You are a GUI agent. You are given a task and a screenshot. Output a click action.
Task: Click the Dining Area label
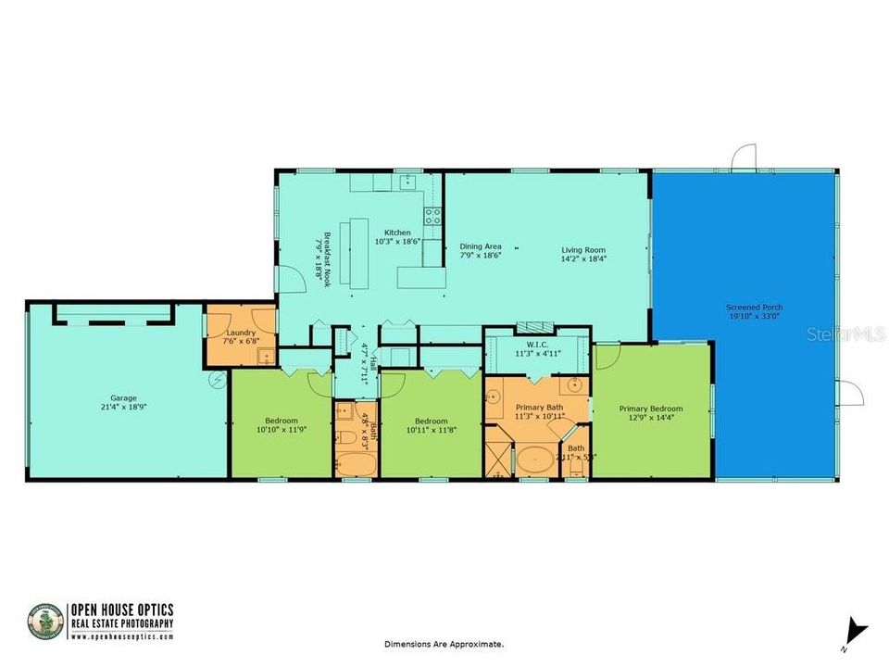(481, 246)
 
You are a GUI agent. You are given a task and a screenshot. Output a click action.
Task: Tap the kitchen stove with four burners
(432, 216)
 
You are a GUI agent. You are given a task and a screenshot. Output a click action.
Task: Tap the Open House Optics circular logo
(45, 622)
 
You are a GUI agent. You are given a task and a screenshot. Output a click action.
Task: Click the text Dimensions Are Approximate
(444, 643)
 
